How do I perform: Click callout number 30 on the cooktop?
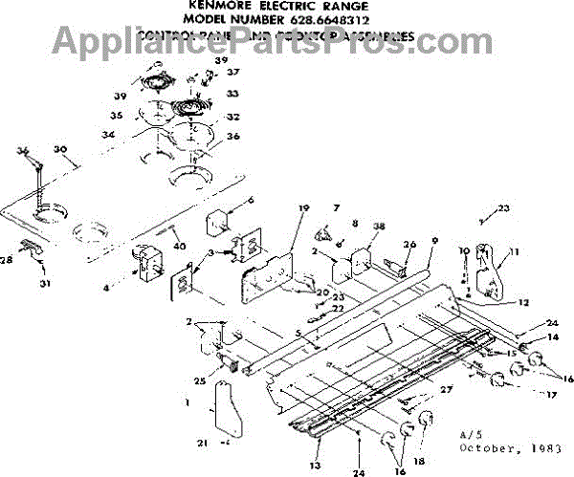point(61,151)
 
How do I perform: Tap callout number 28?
point(8,259)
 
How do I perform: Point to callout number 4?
point(107,286)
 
